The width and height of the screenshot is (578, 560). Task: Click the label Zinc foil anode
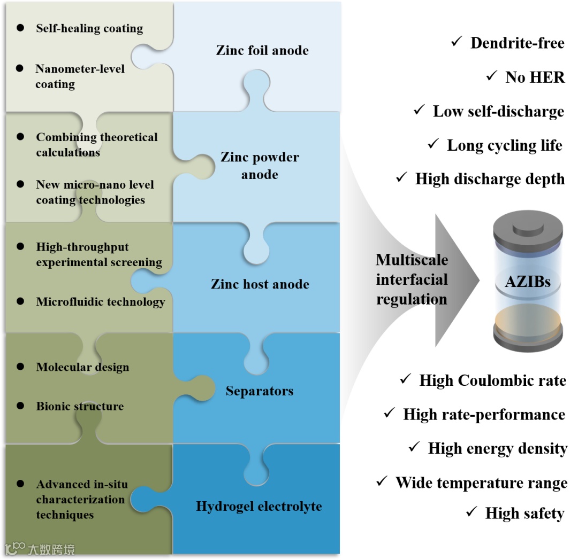[x=262, y=51]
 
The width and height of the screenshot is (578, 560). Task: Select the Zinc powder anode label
[x=260, y=166]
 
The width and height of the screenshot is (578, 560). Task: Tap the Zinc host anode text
[x=260, y=284]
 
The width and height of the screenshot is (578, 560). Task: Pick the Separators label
[x=260, y=391]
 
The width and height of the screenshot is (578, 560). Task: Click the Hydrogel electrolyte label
[x=259, y=506]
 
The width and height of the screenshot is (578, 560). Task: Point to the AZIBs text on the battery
[x=527, y=282]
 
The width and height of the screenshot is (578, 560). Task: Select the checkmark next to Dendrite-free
[x=457, y=42]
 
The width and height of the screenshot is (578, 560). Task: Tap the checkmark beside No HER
[x=492, y=76]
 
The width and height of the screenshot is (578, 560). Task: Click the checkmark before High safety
[x=471, y=512]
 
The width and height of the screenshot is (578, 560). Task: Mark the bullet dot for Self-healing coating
[x=20, y=27]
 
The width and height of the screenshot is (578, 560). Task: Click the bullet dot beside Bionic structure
[x=20, y=406]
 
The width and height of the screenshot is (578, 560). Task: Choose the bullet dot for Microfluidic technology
[x=20, y=301]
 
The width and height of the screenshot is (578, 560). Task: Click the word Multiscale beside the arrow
[x=412, y=260]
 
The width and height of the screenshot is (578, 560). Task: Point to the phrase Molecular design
[x=82, y=367]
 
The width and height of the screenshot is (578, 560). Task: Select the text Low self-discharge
[x=498, y=111]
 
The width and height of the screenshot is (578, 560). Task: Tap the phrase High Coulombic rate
[x=492, y=380]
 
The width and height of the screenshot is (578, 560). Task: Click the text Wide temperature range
[x=481, y=483]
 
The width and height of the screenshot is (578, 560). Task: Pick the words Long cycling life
[x=505, y=145]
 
